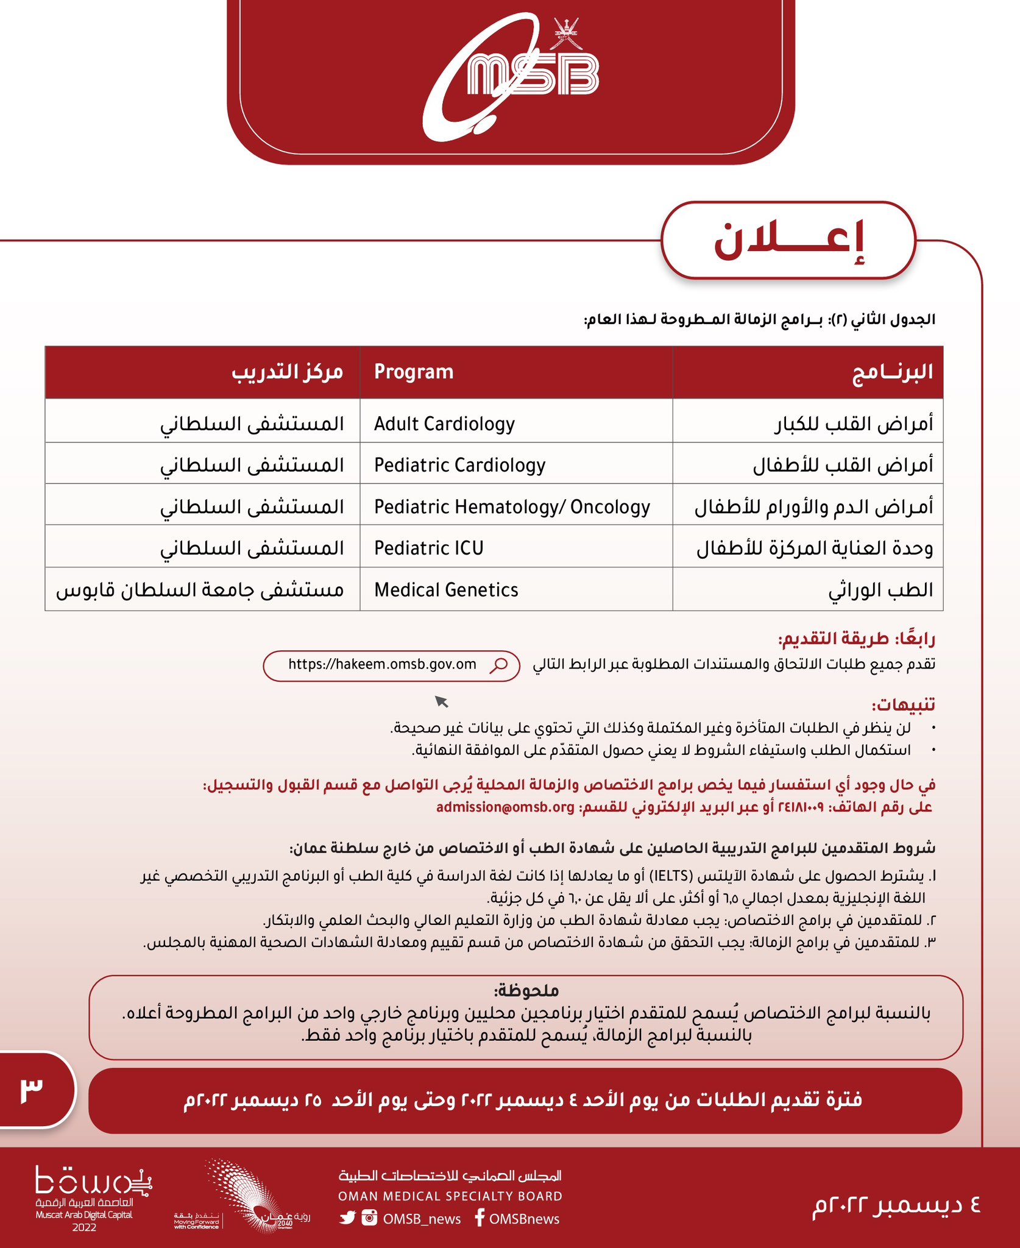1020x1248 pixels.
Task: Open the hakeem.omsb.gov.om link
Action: (x=382, y=664)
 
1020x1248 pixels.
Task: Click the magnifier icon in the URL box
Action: (x=499, y=665)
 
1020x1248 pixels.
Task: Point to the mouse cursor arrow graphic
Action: (x=441, y=701)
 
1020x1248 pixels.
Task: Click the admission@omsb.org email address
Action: (x=505, y=807)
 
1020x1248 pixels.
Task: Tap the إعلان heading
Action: (x=788, y=241)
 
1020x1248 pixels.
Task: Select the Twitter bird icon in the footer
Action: (x=348, y=1218)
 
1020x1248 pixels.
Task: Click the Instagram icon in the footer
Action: (x=369, y=1218)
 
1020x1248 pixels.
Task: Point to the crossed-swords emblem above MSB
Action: (x=566, y=34)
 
